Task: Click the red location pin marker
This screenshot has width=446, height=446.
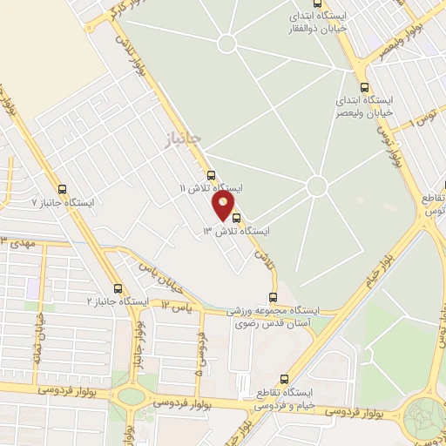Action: pyautogui.click(x=224, y=206)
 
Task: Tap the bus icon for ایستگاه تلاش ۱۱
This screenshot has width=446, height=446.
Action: pyautogui.click(x=211, y=174)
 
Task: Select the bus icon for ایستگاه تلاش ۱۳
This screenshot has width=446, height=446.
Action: pyautogui.click(x=237, y=219)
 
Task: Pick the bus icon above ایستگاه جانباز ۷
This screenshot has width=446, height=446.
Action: pyautogui.click(x=61, y=188)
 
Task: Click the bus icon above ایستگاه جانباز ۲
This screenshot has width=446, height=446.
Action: pyautogui.click(x=118, y=288)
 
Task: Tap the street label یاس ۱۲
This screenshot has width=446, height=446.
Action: pyautogui.click(x=175, y=307)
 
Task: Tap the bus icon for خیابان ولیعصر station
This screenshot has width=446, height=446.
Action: pyautogui.click(x=363, y=88)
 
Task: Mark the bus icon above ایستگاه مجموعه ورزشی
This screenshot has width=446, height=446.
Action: pyautogui.click(x=273, y=297)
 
